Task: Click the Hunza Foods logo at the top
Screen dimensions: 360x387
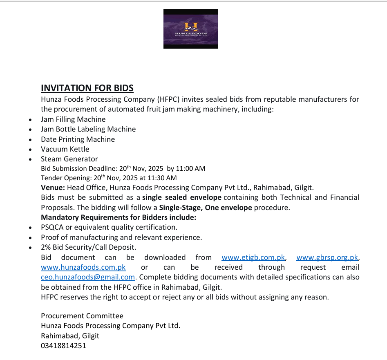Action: tap(190, 29)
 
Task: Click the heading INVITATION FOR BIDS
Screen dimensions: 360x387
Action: tap(87, 88)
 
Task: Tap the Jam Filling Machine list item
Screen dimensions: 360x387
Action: tap(73, 119)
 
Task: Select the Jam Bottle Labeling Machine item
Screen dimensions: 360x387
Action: tap(88, 129)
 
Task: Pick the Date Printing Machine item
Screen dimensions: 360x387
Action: tap(78, 139)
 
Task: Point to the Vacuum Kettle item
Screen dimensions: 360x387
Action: tap(65, 149)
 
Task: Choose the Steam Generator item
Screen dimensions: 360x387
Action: tap(69, 159)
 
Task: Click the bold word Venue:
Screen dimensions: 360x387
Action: tap(53, 188)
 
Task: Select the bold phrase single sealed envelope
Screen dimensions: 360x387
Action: tap(182, 198)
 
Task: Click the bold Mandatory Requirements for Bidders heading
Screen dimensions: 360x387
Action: tap(119, 217)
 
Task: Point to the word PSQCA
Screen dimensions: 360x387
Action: tap(52, 227)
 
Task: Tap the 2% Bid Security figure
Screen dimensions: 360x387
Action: tap(46, 247)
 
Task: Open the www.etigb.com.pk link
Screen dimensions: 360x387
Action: tap(253, 257)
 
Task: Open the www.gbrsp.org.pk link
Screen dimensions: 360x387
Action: tap(327, 257)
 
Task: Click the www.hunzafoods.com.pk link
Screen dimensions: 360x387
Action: tap(83, 267)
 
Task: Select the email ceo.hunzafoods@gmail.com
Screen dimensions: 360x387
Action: tap(88, 277)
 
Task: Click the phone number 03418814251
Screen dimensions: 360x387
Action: tap(63, 346)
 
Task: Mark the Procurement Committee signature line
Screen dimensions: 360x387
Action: tap(82, 316)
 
